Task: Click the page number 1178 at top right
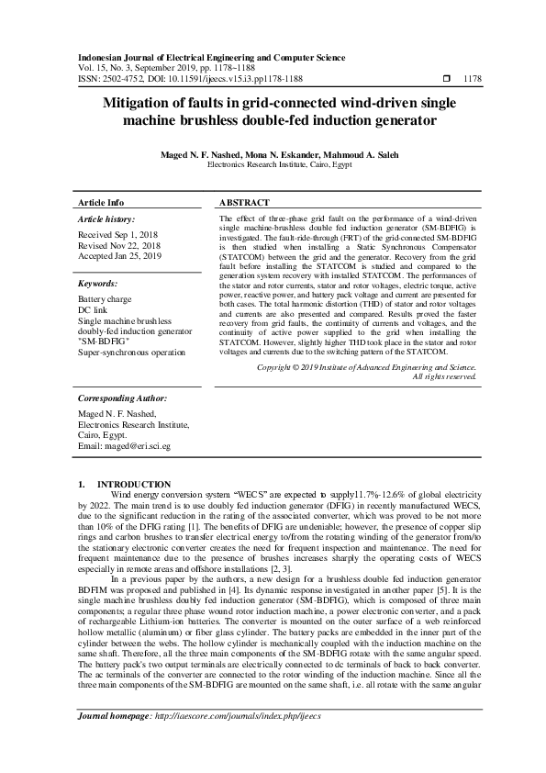click(x=474, y=79)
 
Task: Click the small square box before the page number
click(x=446, y=79)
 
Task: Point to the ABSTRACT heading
click(x=244, y=202)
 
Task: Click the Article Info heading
click(x=101, y=202)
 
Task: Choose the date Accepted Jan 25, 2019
click(x=119, y=256)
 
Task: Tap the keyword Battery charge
click(x=105, y=300)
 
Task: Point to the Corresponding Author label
click(x=122, y=398)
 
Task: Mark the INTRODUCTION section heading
click(x=133, y=484)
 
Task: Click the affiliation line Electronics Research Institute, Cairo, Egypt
click(x=273, y=166)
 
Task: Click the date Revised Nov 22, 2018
click(x=119, y=246)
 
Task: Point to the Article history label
click(x=107, y=219)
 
